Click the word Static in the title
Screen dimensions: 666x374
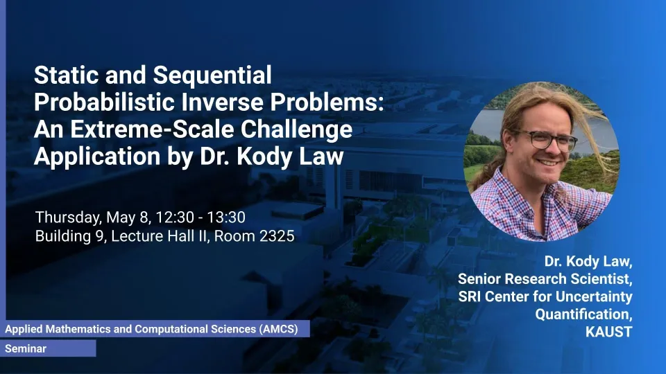(67, 75)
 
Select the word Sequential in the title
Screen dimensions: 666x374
(212, 75)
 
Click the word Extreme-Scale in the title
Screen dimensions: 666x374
(152, 130)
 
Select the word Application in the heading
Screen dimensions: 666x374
(97, 157)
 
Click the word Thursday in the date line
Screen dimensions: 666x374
(69, 217)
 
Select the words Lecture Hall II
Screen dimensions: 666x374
(160, 235)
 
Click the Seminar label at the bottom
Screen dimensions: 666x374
(26, 348)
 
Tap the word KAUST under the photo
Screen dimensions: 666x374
(608, 332)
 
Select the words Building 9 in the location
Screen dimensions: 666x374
(71, 235)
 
